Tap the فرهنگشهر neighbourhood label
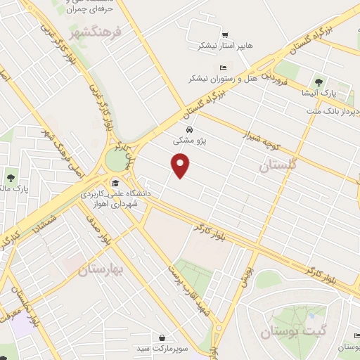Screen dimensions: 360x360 pos(97,32)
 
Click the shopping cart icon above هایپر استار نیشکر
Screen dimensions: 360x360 pos(224,34)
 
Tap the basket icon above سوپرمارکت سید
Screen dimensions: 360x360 pos(162,337)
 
